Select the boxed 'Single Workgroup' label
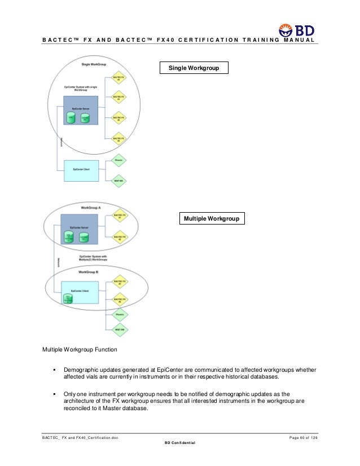[194, 68]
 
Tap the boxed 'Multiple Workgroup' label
[212, 218]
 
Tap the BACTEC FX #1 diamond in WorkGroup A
[118, 217]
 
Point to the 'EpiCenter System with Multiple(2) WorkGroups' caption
[94, 258]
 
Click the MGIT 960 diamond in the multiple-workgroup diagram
[118, 328]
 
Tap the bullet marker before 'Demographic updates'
[55, 370]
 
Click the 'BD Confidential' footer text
[179, 443]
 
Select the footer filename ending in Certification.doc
[80, 438]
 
